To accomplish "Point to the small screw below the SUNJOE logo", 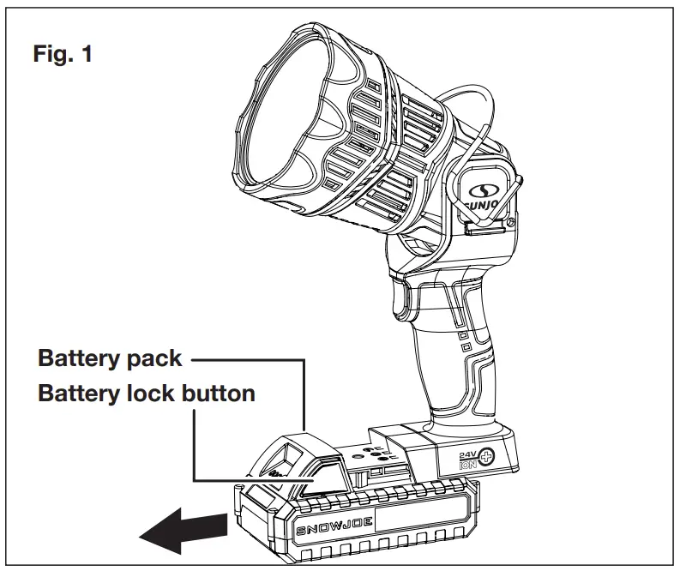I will click(x=511, y=225).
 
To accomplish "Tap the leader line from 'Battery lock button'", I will click(x=196, y=446).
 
